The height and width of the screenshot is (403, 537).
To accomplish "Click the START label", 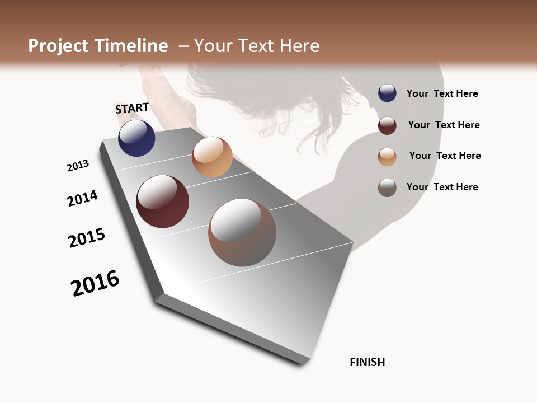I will tap(132, 108).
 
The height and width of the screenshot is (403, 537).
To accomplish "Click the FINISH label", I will tap(367, 362).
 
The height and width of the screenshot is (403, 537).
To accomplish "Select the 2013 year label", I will tap(78, 166).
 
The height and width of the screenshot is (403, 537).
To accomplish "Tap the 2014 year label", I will tap(82, 198).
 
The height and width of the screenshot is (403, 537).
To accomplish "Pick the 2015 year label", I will tap(87, 238).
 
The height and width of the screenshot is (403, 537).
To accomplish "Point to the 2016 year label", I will tap(95, 283).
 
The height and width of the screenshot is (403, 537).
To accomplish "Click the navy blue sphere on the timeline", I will tap(136, 138).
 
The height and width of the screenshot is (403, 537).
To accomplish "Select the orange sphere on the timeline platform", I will tap(212, 157).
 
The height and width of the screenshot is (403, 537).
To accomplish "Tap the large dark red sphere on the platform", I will tap(162, 201).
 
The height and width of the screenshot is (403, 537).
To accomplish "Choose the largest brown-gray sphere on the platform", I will tap(242, 232).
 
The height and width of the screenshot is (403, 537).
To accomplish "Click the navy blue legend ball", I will tap(387, 93).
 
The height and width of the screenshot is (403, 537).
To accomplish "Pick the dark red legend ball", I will tap(387, 125).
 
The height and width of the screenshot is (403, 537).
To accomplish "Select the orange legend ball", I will tap(387, 157).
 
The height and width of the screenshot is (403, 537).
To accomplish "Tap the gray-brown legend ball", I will tap(387, 188).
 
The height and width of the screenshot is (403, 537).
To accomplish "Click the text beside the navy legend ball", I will tap(442, 93).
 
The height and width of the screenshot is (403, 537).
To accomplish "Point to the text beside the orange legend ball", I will tap(445, 156).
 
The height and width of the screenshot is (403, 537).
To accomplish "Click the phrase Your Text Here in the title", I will tap(257, 46).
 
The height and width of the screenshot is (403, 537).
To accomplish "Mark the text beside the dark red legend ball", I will tap(444, 125).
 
